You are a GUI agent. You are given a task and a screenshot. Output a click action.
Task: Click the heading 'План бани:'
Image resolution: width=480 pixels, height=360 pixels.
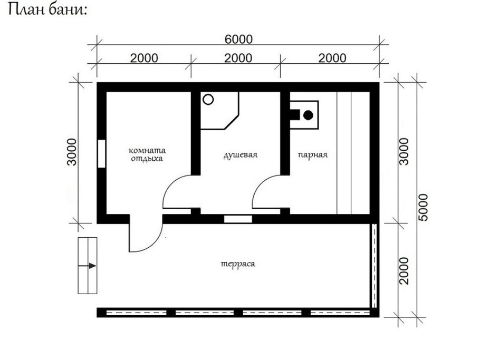click(46, 11)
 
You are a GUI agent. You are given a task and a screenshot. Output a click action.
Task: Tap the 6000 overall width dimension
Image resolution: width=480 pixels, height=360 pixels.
click(238, 40)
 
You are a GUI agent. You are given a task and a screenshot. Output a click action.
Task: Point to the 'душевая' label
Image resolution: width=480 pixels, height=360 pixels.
click(240, 155)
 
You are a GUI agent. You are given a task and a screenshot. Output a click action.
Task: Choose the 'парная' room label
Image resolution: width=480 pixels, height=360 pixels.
click(312, 155)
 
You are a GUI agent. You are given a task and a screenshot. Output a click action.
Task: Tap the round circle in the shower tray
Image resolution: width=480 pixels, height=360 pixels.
click(208, 99)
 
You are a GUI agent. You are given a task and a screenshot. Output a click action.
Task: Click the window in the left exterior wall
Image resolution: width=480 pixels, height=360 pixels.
click(101, 153)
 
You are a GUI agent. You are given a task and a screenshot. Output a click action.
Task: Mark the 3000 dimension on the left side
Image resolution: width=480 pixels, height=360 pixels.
click(72, 152)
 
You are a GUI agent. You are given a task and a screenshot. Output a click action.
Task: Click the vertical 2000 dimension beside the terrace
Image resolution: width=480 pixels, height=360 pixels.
click(404, 270)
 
